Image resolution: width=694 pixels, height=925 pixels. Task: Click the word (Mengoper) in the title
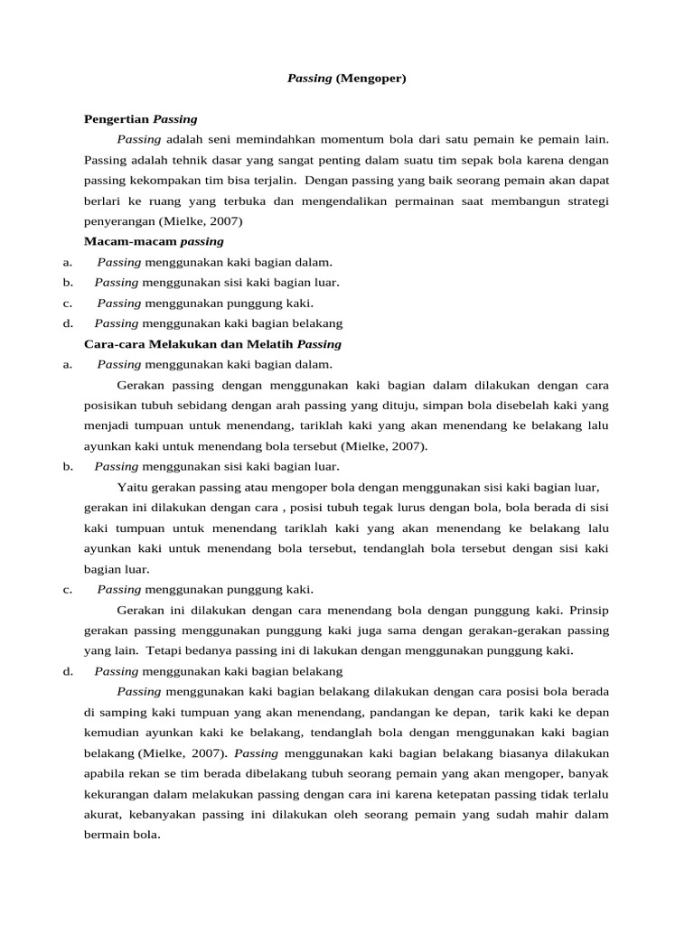tap(371, 79)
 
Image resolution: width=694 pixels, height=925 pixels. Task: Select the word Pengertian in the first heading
tap(117, 118)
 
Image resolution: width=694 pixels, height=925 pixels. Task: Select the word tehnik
tap(173, 160)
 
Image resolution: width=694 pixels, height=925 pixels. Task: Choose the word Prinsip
tap(589, 610)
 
